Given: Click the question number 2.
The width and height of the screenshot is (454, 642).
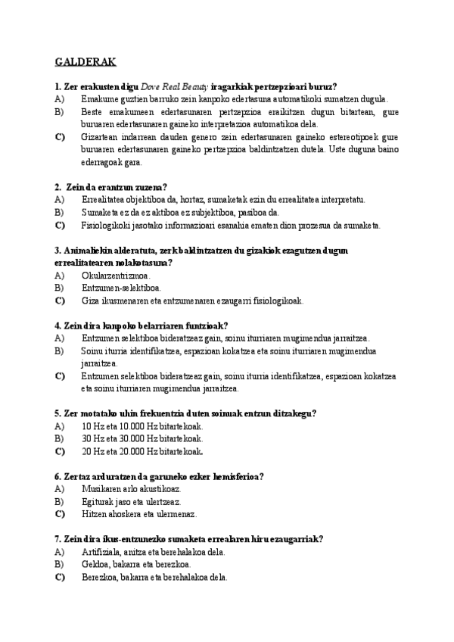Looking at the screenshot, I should click(58, 187).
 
